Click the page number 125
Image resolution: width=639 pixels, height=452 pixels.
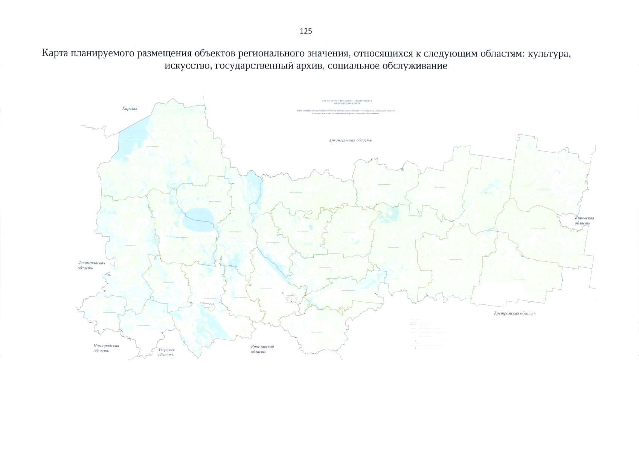tap(306, 31)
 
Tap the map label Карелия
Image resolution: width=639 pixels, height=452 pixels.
tap(130, 108)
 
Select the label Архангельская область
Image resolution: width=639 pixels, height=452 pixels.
tap(350, 140)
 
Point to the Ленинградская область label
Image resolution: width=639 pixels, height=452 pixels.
tap(91, 266)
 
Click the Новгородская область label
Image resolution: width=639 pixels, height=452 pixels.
tap(106, 348)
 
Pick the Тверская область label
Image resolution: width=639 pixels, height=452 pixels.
tap(166, 352)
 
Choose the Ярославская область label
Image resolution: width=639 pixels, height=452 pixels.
tap(262, 349)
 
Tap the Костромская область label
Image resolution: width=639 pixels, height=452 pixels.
tap(514, 313)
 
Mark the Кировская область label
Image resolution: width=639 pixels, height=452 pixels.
tap(584, 220)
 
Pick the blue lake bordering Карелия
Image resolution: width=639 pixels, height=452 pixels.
tap(132, 139)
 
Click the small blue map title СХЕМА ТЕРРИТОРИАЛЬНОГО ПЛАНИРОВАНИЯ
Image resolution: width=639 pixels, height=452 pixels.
tap(347, 101)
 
